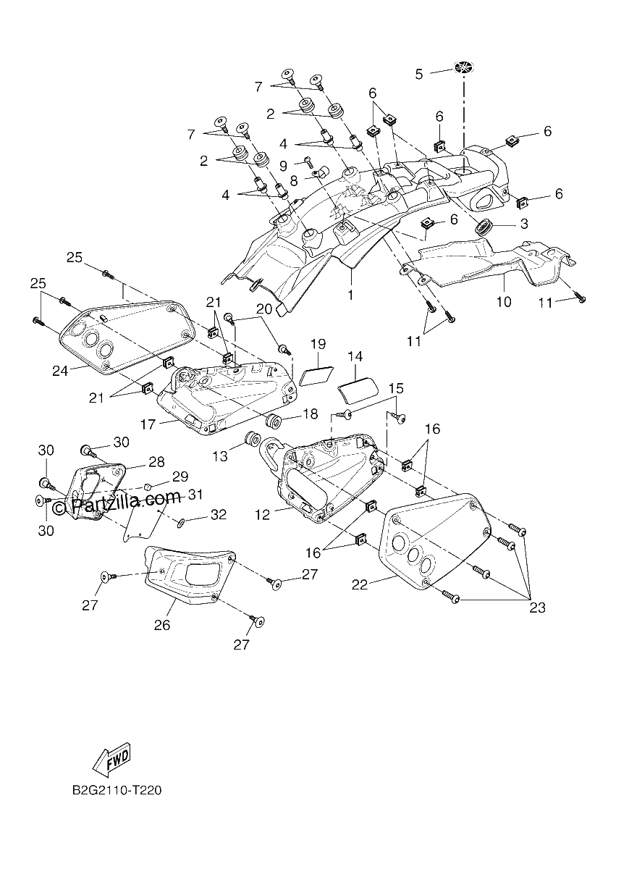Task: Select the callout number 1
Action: coord(350,295)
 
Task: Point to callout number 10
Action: coord(504,301)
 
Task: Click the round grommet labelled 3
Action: coord(484,226)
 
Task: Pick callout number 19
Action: coord(318,344)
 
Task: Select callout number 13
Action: coord(220,456)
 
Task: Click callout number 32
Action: coord(219,514)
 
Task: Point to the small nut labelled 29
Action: coord(148,487)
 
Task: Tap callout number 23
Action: coord(538,608)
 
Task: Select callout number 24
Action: coord(60,371)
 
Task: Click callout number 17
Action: coord(148,424)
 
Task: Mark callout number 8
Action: coord(294,181)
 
